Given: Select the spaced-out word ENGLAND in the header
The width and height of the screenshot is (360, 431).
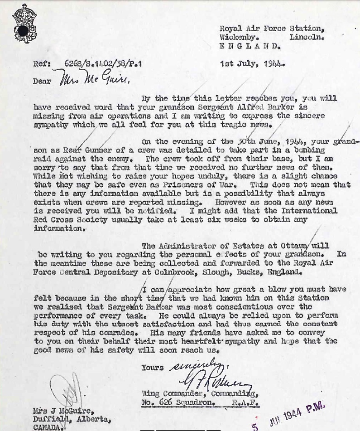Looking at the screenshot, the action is click(250, 46).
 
